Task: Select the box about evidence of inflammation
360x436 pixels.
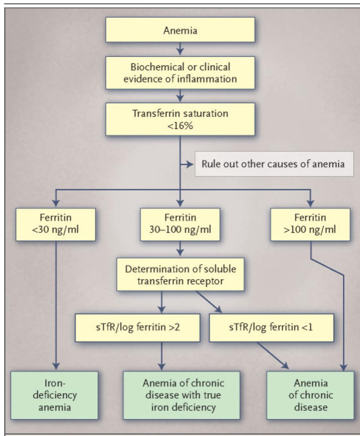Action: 180,73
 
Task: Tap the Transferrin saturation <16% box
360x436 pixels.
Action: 180,119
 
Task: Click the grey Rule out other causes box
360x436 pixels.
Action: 273,164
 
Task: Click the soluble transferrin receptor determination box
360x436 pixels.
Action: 180,275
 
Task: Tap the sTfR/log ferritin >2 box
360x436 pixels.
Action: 137,328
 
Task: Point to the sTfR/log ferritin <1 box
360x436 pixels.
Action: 271,328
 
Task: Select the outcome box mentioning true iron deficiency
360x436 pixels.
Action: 181,395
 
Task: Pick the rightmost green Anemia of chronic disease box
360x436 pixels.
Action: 310,395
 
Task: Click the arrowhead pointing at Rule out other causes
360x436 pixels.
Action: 190,164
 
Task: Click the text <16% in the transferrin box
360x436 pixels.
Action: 180,126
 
